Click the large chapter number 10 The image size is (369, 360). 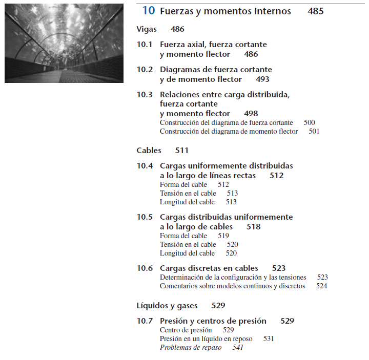coord(148,11)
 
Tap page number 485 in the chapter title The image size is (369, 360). coord(316,11)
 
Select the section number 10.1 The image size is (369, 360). coord(145,45)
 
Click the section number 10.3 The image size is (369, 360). coord(145,94)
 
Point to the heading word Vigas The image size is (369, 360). coord(147,29)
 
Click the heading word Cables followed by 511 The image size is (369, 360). coord(149,151)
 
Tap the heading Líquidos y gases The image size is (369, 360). coord(167,306)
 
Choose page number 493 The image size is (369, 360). coord(262,79)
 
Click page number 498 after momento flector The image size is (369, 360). coord(251,114)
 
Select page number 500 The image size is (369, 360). coord(309,123)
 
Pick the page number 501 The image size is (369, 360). coord(314,132)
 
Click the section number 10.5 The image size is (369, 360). coord(145,217)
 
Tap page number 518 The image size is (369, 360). coord(254,227)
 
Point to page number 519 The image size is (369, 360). coord(223,236)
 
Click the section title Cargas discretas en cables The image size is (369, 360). coord(209,268)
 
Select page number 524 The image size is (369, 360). coord(321,286)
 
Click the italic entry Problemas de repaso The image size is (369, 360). coord(191,347)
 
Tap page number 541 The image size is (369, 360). coord(238,347)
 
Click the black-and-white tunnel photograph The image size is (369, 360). coord(64,43)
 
